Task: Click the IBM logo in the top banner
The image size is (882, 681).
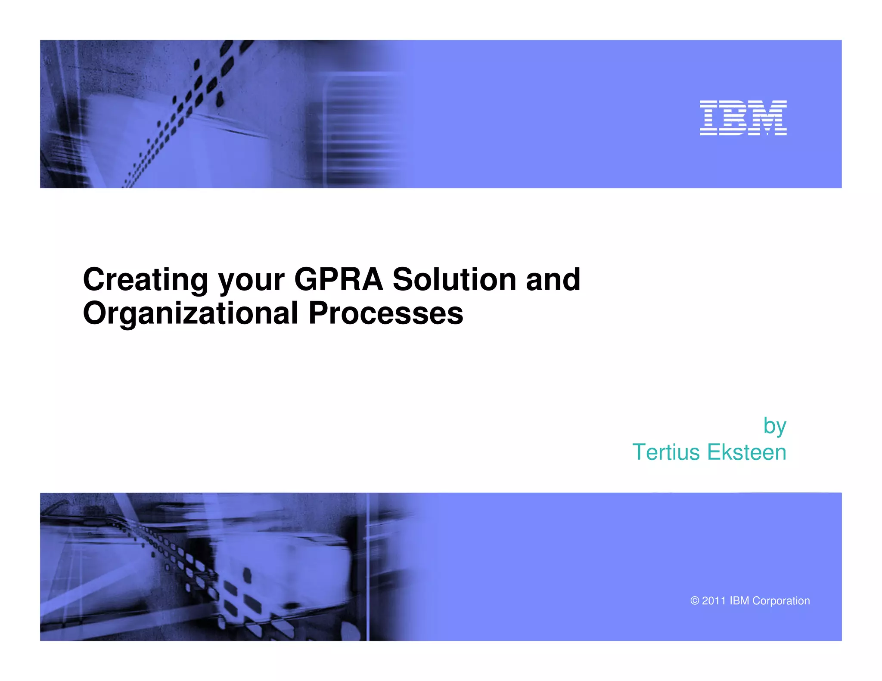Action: coord(743,118)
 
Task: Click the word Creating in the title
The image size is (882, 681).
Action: coord(145,280)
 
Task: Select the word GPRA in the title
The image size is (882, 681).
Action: coord(339,280)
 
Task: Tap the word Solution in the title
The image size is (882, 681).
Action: coord(454,280)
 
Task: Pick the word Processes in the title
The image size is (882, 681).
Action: coord(386,313)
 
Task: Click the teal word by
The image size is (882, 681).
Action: coord(774,427)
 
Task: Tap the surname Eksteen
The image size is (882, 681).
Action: coord(747,452)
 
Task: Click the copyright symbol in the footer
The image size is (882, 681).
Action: coord(694,601)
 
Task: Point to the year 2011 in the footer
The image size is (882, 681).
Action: coord(714,601)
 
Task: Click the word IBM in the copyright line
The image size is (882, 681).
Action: coord(739,601)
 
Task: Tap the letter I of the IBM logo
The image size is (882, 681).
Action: coord(708,118)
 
